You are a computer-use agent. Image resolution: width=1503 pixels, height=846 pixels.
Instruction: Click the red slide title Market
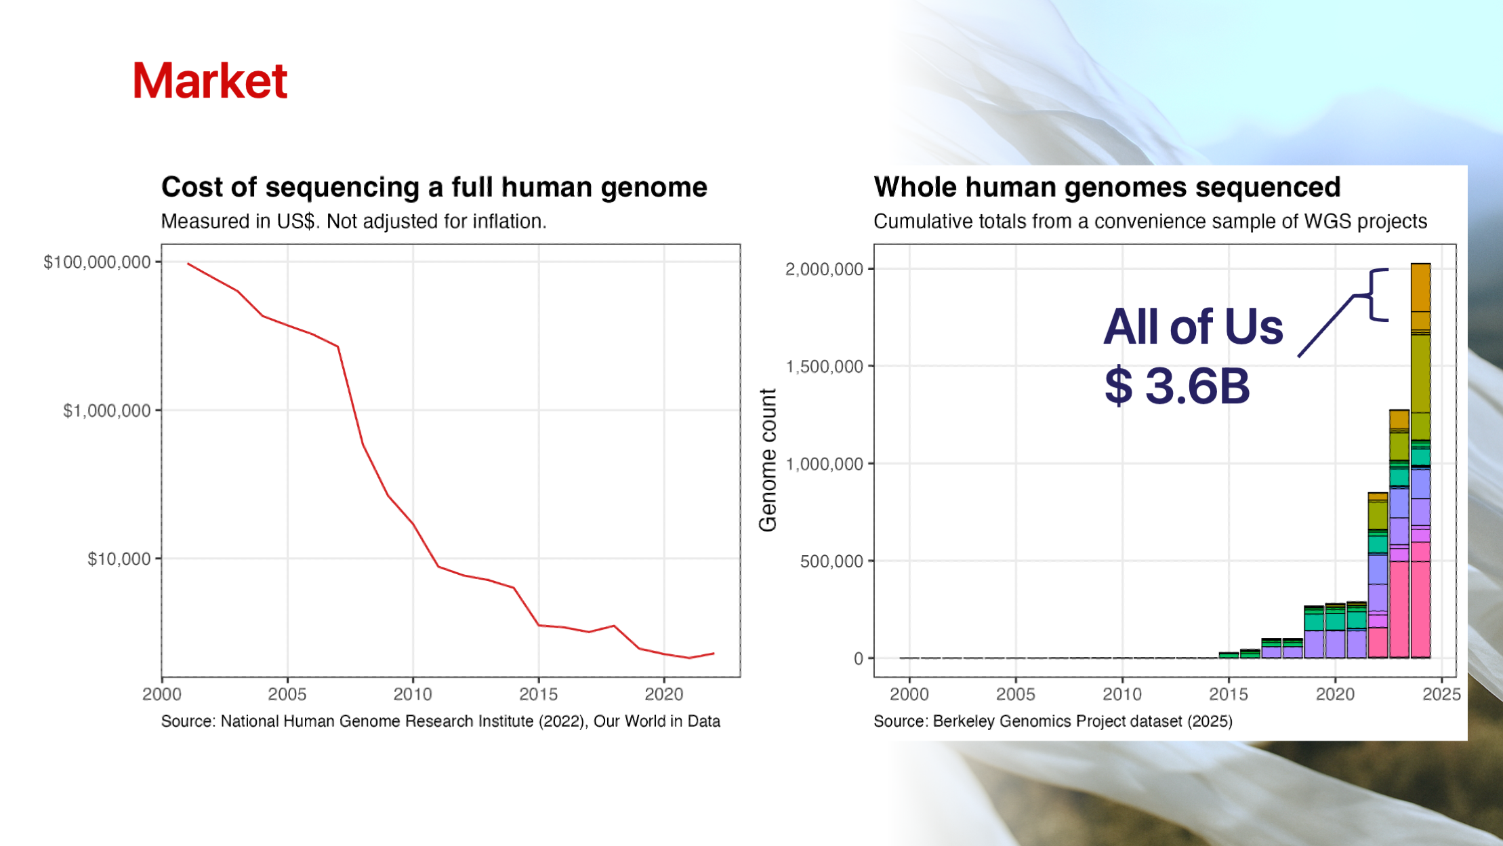(210, 81)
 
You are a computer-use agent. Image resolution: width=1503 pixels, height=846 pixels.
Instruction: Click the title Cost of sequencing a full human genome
(434, 188)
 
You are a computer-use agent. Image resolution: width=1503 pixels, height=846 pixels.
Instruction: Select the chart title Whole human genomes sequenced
(1107, 188)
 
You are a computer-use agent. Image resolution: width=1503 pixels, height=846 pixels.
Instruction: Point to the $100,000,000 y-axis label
(97, 262)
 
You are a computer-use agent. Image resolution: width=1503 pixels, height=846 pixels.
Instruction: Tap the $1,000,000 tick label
(107, 411)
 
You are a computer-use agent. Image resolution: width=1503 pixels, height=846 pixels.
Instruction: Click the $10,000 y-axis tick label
(119, 559)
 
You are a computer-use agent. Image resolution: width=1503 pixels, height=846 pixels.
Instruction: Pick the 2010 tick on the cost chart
(413, 694)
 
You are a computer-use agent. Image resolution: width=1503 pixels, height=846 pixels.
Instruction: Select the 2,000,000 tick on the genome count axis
(825, 269)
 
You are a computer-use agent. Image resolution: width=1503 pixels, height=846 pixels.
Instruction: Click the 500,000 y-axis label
(832, 561)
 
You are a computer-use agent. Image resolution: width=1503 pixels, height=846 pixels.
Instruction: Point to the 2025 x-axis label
(1441, 694)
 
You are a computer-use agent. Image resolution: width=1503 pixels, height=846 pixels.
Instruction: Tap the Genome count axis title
(768, 460)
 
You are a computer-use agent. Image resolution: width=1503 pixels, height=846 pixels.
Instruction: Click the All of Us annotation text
(1193, 327)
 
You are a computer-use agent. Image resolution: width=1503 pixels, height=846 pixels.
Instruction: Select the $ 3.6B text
(1177, 386)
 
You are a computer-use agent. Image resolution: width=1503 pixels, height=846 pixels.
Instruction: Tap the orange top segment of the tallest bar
(1420, 287)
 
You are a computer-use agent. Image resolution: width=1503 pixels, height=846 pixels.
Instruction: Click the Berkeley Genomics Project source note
(1053, 721)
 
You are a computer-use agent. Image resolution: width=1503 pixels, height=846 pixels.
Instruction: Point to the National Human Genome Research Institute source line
(440, 721)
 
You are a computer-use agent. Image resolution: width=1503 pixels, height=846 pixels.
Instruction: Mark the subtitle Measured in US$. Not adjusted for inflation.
(354, 222)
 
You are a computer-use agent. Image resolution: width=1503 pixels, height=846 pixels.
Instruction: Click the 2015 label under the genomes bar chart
(1229, 694)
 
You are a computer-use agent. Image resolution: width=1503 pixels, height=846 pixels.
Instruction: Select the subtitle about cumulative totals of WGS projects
(1150, 222)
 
